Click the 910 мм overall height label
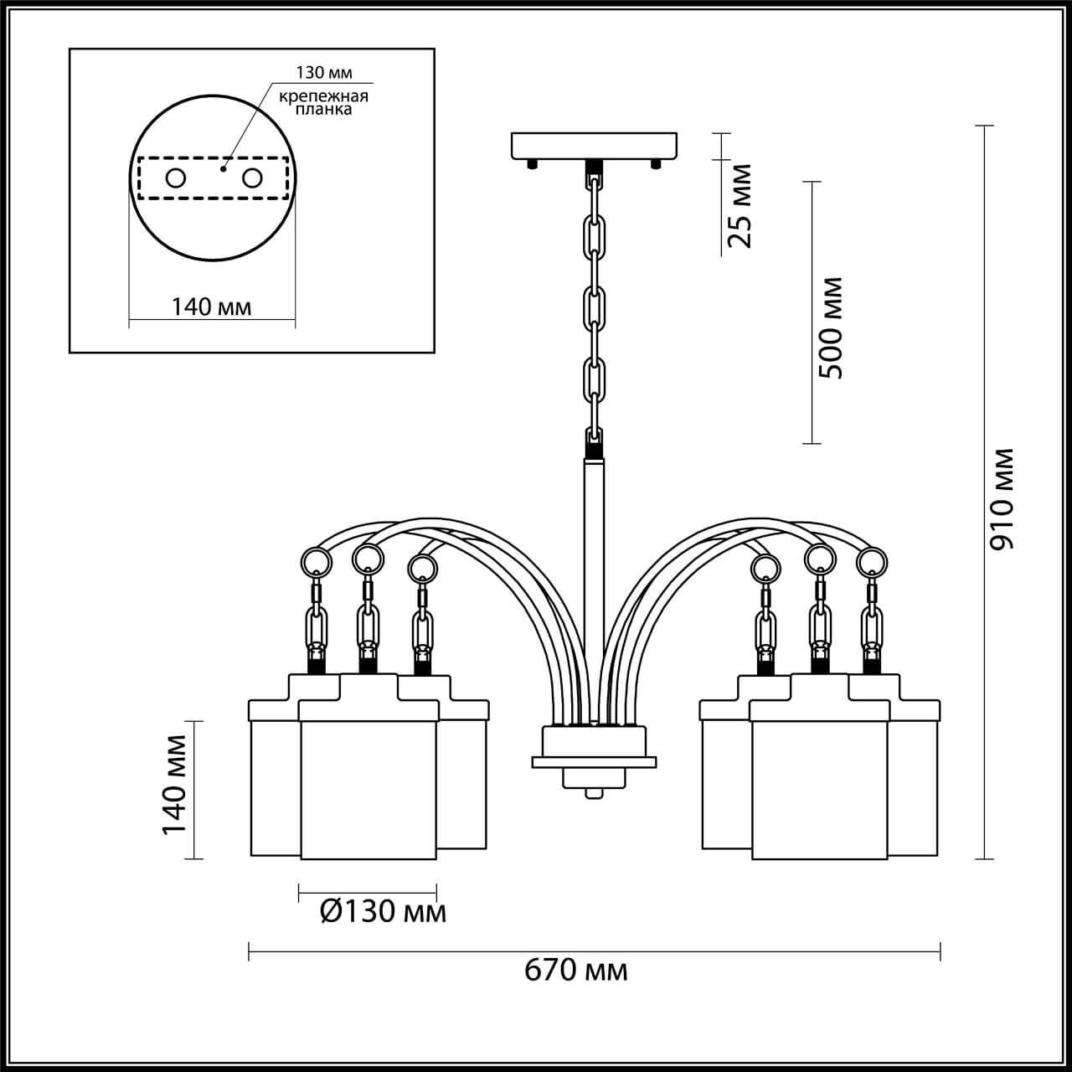pos(1002,499)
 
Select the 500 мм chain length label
pos(832,327)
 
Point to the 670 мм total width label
pos(576,971)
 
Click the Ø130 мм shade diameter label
pos(383,911)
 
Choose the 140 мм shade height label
pos(174,784)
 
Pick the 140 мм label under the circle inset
pos(211,307)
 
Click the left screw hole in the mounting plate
pos(175,178)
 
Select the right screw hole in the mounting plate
pos(252,178)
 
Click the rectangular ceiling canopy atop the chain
pos(593,146)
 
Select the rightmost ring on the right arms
pos(872,560)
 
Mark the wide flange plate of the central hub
pos(593,762)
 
